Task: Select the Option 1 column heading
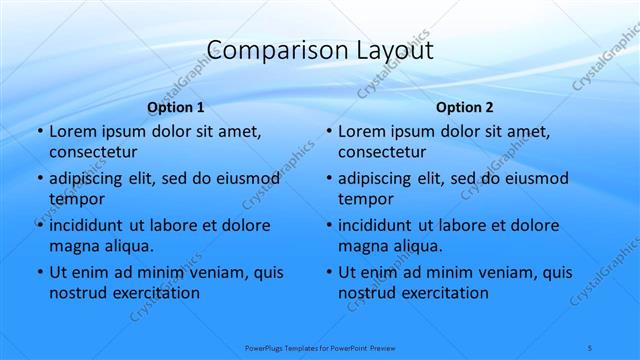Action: click(176, 107)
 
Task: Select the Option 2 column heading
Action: click(465, 107)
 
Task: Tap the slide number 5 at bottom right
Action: click(590, 347)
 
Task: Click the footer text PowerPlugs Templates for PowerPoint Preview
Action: click(320, 347)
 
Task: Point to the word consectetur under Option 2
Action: click(382, 152)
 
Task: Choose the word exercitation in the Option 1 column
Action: click(155, 293)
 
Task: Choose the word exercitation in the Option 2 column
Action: click(444, 293)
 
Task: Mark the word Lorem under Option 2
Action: click(361, 131)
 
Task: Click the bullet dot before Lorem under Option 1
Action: click(39, 132)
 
